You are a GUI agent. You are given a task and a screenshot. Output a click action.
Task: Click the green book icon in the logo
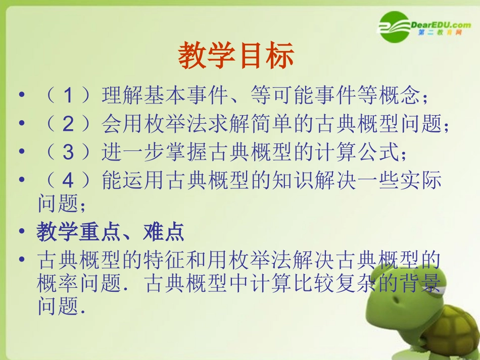pos(394,26)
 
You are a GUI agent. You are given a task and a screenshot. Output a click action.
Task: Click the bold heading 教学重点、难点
pos(110,232)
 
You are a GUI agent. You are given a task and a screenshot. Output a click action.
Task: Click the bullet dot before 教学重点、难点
pos(21,232)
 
